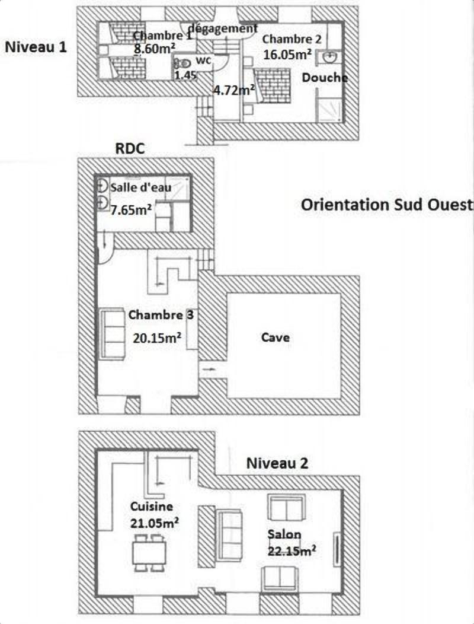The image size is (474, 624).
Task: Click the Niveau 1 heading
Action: (x=36, y=47)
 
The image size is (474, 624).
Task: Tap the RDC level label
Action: (x=130, y=148)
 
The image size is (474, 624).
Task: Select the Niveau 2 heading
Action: (x=277, y=463)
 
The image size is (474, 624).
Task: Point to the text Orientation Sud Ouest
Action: (x=387, y=205)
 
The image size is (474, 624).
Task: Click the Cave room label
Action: (x=275, y=338)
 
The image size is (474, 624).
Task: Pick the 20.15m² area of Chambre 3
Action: (x=157, y=338)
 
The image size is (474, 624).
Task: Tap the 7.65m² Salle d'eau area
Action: (x=131, y=209)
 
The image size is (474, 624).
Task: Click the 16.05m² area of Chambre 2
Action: (x=287, y=54)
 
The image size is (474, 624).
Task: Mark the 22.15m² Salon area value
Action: (x=292, y=551)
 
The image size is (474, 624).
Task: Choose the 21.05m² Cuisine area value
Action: (x=154, y=523)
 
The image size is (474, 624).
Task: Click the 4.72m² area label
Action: (x=234, y=90)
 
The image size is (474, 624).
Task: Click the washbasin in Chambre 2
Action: (x=329, y=58)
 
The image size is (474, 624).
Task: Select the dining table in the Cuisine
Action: (x=149, y=553)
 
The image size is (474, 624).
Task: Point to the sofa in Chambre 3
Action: (x=113, y=333)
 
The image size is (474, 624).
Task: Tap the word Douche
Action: (x=325, y=78)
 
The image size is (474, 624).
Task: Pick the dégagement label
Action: (x=222, y=28)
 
